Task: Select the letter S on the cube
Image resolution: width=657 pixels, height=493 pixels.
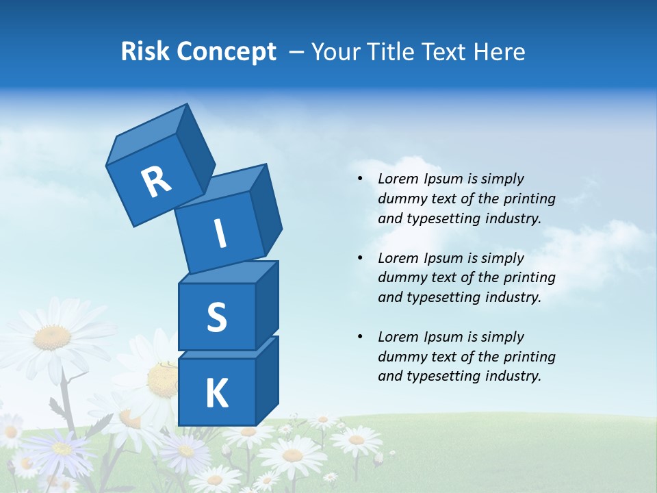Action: [x=216, y=317]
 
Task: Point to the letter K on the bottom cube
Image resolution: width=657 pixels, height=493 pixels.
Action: [x=216, y=394]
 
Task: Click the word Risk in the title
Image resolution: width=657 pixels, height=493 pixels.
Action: [x=146, y=51]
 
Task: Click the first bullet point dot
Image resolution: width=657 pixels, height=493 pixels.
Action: [x=360, y=179]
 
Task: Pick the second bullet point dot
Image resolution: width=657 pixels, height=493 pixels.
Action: [x=360, y=258]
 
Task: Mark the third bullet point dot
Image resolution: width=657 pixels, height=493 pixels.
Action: [x=360, y=337]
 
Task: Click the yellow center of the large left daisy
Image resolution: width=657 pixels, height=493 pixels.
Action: [x=52, y=336]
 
